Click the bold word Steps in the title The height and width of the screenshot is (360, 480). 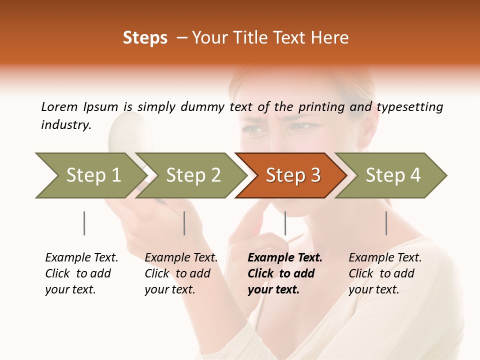pyautogui.click(x=145, y=38)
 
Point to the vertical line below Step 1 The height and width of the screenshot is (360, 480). pyautogui.click(x=84, y=223)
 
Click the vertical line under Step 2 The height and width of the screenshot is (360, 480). pyautogui.click(x=184, y=223)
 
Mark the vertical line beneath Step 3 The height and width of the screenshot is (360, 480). pyautogui.click(x=285, y=223)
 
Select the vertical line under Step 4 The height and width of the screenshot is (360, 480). pyautogui.click(x=386, y=223)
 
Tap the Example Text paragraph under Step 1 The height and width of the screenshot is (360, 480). pyautogui.click(x=81, y=273)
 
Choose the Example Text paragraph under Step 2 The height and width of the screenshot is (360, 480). pyautogui.click(x=181, y=273)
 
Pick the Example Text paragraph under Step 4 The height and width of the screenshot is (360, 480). pyautogui.click(x=385, y=273)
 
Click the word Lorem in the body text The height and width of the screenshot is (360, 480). pyautogui.click(x=59, y=106)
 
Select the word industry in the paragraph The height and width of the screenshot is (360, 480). pyautogui.click(x=66, y=125)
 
